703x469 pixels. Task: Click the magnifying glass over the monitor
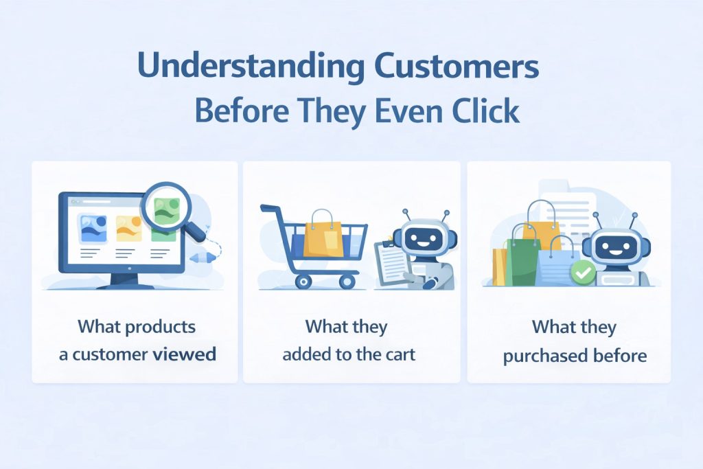coord(168,209)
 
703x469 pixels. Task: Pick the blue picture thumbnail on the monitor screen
coord(92,229)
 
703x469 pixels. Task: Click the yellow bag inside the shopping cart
coord(324,234)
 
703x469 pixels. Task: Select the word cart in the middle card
coord(403,355)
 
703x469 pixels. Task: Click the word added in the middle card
coord(306,355)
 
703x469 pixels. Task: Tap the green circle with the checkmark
coord(583,274)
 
